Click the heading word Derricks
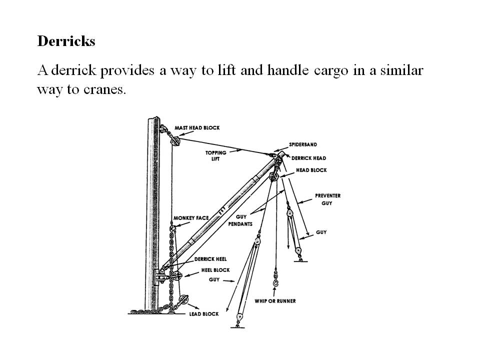[66, 41]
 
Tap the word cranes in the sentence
[104, 89]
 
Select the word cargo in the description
[331, 70]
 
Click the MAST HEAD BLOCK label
[197, 127]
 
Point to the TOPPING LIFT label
[216, 155]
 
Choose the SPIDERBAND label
[303, 144]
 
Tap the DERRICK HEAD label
[308, 158]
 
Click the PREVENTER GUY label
[327, 199]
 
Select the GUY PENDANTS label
[240, 220]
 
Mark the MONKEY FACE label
[191, 218]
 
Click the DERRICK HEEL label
[210, 259]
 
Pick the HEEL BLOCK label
[215, 270]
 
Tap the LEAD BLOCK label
[204, 314]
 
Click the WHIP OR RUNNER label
[275, 301]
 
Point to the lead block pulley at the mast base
[183, 299]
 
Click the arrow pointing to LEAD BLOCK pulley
[193, 306]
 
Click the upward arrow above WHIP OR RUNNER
[274, 291]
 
